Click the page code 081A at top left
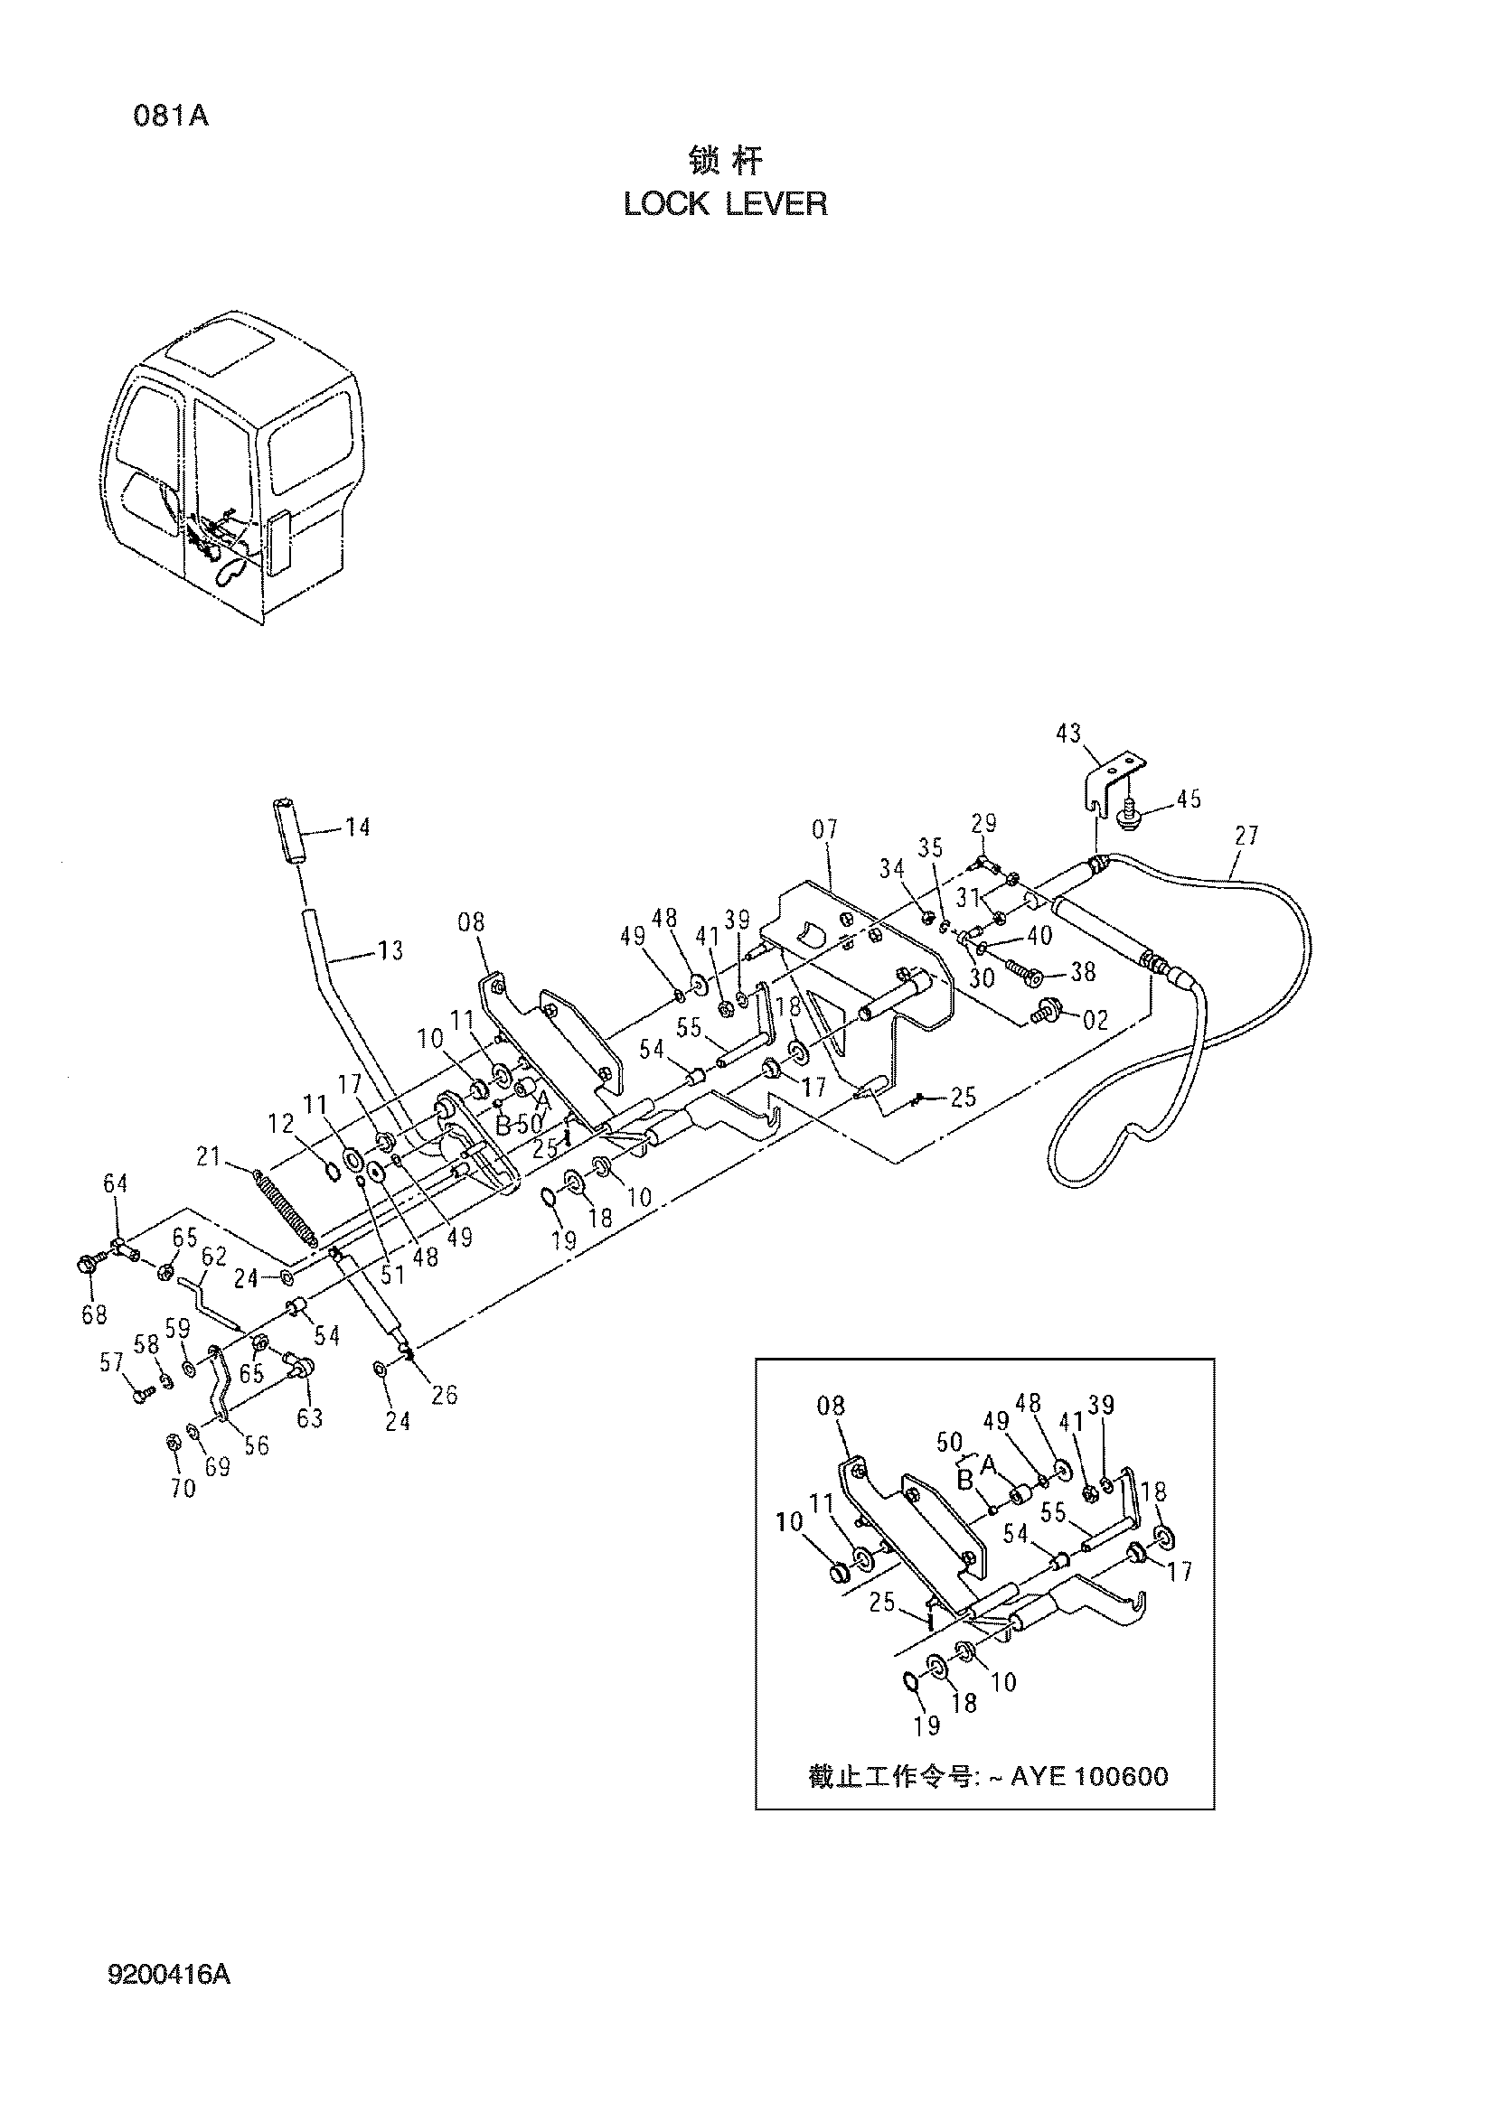171,117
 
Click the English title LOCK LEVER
726,204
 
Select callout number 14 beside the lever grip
357,827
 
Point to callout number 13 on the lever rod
390,950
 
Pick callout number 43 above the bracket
1068,734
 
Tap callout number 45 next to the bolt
1189,799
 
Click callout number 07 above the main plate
825,829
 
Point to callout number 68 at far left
95,1315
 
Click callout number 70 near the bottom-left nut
183,1487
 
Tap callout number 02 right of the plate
1095,1020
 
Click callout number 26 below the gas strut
445,1394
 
